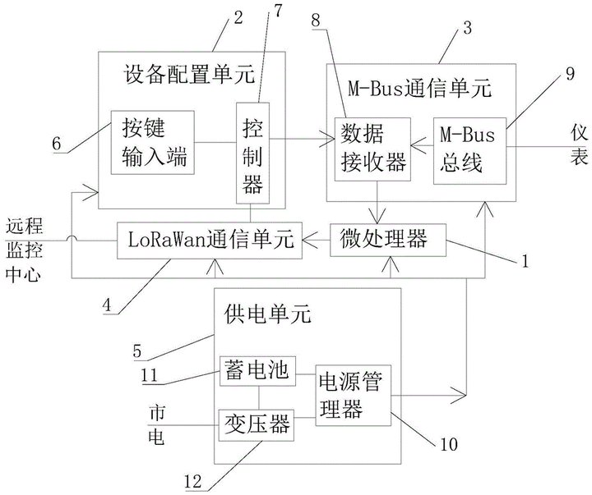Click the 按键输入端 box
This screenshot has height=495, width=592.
(x=152, y=142)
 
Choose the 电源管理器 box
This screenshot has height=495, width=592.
(x=354, y=397)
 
